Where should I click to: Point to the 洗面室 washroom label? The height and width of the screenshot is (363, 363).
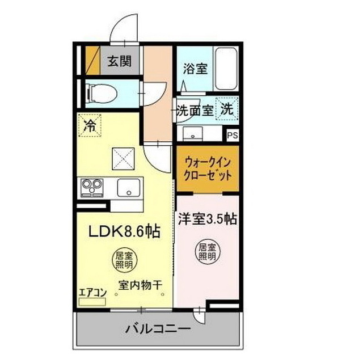coord(195,110)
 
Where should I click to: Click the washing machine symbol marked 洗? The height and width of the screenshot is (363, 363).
coord(226,109)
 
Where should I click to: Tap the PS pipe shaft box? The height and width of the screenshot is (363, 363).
coord(232,135)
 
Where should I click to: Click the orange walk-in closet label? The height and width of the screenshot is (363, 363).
coord(207,168)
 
